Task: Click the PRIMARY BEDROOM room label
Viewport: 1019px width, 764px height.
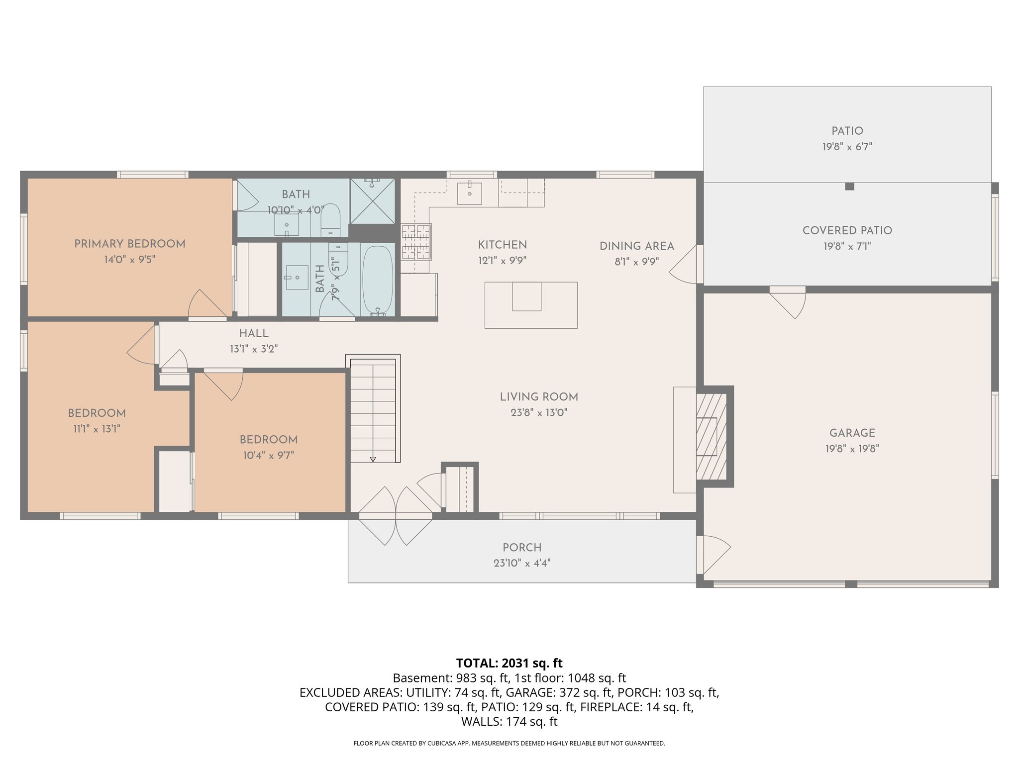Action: pos(129,244)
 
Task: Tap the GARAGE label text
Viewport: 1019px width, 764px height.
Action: pos(852,433)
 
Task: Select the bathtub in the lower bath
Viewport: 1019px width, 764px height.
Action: pos(378,280)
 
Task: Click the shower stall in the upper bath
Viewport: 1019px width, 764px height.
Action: pos(372,201)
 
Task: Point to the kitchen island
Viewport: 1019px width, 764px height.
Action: pos(531,305)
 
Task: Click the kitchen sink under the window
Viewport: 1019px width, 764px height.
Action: pos(469,193)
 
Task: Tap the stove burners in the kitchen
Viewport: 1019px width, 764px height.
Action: pos(416,242)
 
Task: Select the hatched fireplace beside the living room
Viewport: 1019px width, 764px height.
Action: pos(711,436)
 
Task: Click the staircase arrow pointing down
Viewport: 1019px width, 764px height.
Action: pos(373,459)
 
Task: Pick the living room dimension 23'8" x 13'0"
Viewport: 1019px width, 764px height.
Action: pos(539,412)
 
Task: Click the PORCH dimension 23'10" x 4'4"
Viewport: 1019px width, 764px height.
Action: pos(522,563)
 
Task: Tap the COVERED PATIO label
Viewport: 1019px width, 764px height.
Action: pos(847,230)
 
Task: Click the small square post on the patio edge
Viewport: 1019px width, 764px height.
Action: pos(850,187)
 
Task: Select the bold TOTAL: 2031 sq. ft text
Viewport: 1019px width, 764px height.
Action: pos(509,663)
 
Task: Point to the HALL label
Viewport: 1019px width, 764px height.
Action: pos(253,333)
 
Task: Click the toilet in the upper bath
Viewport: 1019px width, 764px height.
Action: pos(330,220)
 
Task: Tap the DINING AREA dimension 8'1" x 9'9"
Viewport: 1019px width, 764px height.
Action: pos(636,262)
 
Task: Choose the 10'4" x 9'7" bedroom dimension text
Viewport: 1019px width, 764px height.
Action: pos(268,455)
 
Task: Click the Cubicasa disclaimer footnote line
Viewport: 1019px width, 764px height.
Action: pos(509,744)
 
